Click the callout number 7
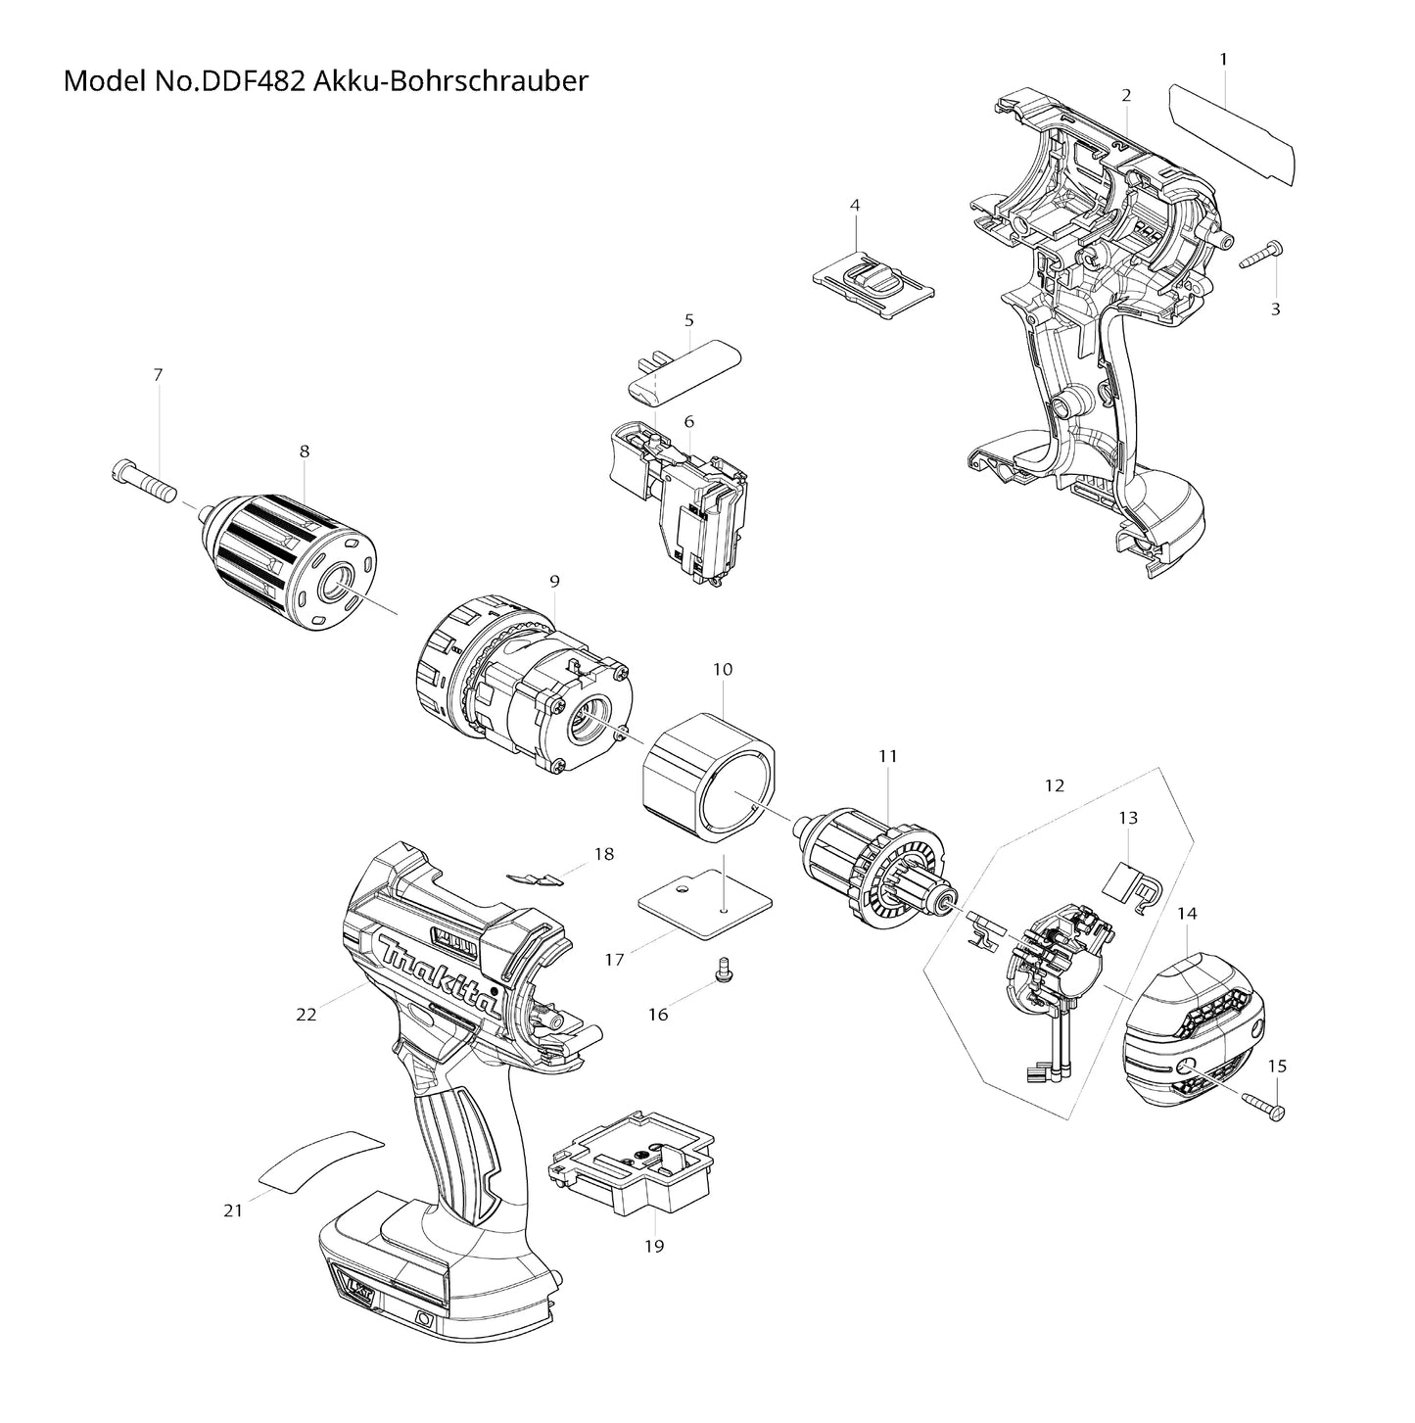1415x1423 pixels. [158, 375]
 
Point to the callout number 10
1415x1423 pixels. [723, 670]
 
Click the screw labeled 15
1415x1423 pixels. [1260, 1107]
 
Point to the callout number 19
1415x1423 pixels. [654, 1246]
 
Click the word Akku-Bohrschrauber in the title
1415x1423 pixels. [451, 80]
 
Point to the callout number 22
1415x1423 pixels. [307, 1015]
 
